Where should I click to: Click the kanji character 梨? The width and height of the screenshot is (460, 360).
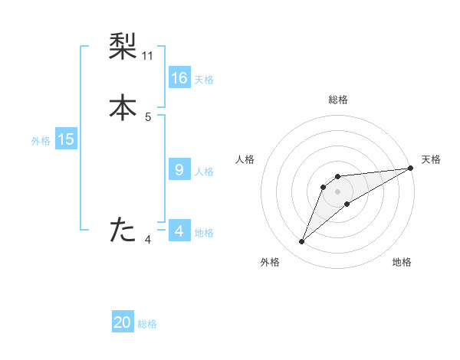tap(123, 47)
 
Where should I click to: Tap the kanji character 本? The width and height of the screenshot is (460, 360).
tap(123, 107)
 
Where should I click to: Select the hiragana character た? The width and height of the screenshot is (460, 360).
tap(123, 229)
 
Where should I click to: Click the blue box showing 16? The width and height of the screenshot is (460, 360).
tap(179, 78)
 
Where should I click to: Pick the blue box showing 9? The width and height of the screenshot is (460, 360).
tap(179, 170)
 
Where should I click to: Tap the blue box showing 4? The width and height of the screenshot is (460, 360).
tap(179, 231)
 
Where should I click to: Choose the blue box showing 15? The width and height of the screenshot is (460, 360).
tap(65, 139)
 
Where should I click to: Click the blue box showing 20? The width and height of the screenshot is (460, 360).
tap(123, 322)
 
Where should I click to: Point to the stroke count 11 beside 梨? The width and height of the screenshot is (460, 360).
tap(148, 56)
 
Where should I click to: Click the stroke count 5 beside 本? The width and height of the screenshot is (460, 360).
tap(148, 117)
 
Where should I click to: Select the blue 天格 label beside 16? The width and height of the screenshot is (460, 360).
tap(204, 80)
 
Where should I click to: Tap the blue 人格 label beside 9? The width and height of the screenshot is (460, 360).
tap(204, 172)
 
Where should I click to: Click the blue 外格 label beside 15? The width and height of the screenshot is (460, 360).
tap(41, 141)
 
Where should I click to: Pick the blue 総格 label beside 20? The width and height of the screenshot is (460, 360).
tap(147, 324)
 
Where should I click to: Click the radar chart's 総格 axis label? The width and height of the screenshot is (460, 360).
tap(338, 100)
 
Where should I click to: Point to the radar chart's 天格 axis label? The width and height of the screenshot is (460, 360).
tap(431, 159)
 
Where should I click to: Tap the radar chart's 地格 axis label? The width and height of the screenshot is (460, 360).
tap(402, 262)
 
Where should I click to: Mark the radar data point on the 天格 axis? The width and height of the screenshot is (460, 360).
tap(410, 168)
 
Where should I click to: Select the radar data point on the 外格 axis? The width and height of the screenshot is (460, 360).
tap(301, 242)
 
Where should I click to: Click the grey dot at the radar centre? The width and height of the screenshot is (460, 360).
tap(338, 191)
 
